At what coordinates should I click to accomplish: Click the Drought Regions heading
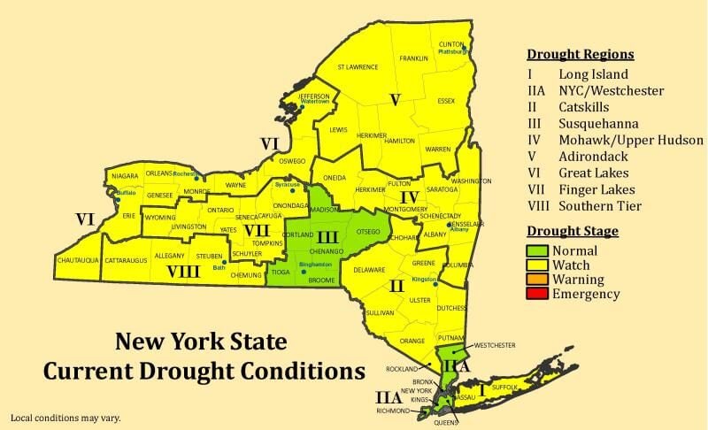click(x=580, y=54)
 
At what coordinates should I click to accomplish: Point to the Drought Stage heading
click(x=572, y=231)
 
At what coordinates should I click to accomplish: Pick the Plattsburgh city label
click(x=452, y=51)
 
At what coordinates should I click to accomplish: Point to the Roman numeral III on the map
click(x=327, y=236)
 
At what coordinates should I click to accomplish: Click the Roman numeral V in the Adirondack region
click(x=396, y=98)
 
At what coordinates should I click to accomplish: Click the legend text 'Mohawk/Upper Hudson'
click(x=631, y=140)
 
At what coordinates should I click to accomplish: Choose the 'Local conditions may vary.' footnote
click(x=65, y=417)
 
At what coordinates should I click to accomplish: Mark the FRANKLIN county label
click(x=413, y=58)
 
